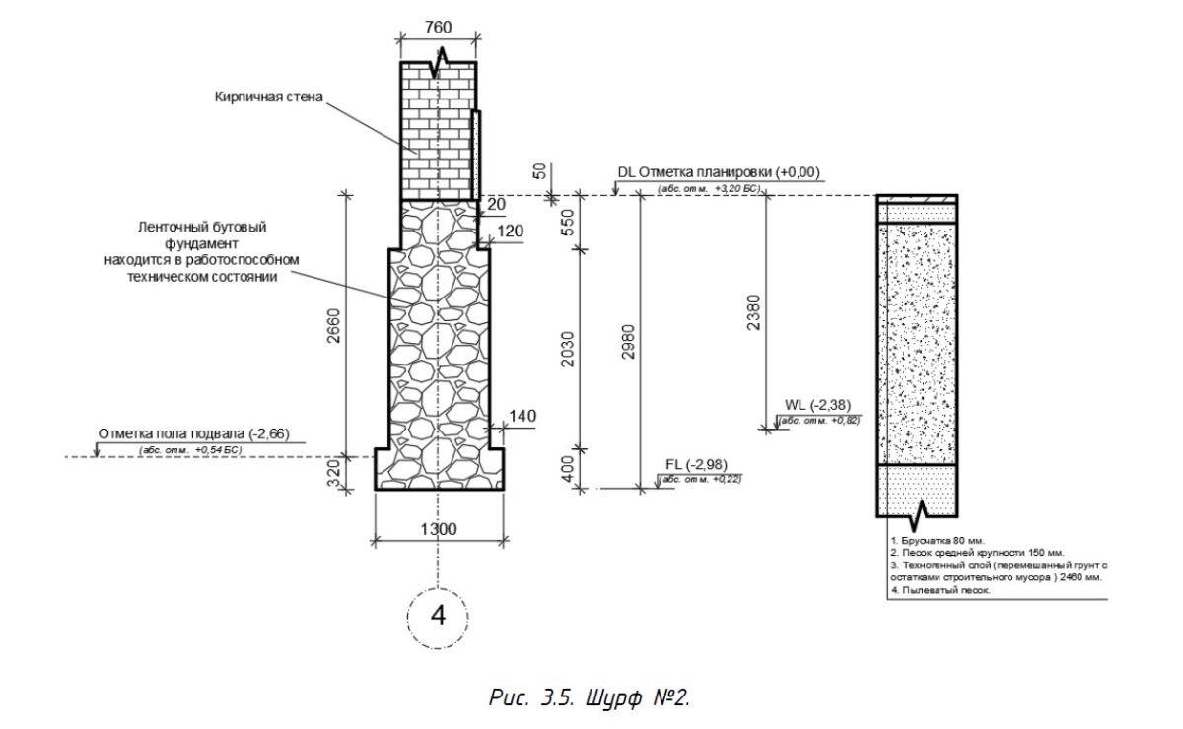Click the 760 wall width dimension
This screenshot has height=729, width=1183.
point(438,27)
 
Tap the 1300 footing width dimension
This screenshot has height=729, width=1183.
point(438,529)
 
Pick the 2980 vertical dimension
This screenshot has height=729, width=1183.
point(628,342)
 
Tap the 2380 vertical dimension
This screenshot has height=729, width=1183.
point(753,313)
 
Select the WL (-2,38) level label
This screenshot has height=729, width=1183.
point(817,405)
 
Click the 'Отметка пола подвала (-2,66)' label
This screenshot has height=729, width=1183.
point(192,433)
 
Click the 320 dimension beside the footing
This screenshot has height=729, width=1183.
point(333,473)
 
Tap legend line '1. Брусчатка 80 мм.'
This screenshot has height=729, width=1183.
point(936,541)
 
